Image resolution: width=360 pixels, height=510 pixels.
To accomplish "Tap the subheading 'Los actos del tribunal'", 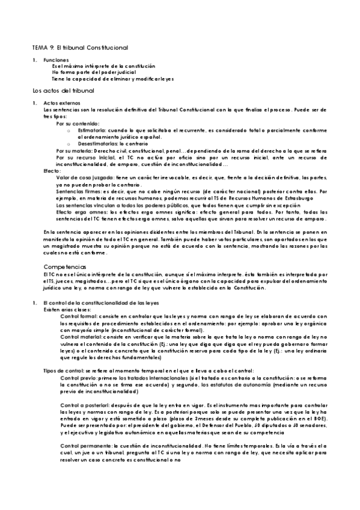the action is tap(63, 90).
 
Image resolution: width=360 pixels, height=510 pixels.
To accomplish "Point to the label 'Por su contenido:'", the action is tap(76, 123).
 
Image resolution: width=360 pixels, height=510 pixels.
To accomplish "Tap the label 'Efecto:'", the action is tap(52, 170).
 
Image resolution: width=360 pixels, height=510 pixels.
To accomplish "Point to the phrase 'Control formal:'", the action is tap(80, 316).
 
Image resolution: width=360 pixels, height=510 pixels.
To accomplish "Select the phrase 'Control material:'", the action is tap(82, 337).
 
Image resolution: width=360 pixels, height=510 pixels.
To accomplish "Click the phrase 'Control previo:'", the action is tap(80, 378).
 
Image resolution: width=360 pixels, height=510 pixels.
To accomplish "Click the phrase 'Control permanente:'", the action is tap(88, 446).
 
